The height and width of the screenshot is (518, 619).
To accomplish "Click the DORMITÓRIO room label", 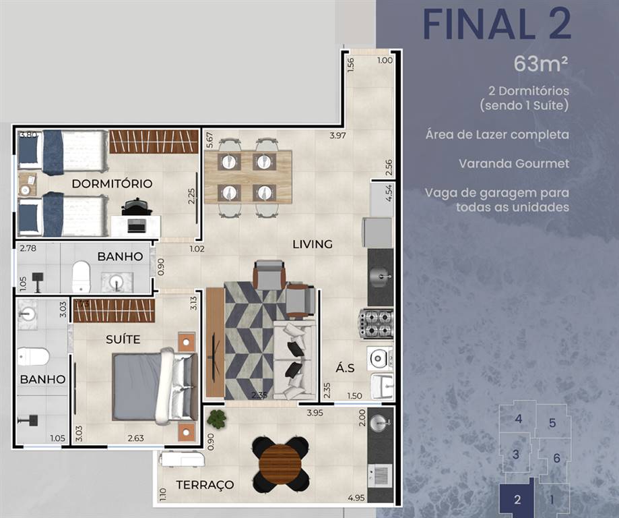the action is click(112, 183).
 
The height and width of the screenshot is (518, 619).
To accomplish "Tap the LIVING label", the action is click(313, 244).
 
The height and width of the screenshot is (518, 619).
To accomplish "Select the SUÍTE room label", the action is click(123, 339).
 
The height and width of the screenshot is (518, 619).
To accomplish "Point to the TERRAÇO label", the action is click(205, 485).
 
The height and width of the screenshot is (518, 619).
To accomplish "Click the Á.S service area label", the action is click(345, 368).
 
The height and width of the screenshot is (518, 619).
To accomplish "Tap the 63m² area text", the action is click(541, 63).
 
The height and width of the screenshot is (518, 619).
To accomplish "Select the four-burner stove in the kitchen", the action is click(375, 324).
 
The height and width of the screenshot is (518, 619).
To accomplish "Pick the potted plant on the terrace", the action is click(216, 418).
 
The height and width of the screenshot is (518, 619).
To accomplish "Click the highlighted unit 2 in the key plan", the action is click(517, 498).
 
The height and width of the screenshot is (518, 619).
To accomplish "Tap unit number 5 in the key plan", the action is click(552, 423).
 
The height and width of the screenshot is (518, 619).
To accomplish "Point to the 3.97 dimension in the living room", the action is click(337, 136).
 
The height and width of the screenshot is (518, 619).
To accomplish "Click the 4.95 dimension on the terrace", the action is click(356, 498).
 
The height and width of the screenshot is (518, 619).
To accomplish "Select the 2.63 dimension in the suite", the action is click(136, 438).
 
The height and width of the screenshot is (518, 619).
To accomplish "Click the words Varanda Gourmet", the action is click(514, 164).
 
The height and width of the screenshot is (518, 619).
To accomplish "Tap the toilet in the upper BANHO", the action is click(82, 276).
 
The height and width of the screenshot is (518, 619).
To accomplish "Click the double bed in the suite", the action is click(155, 386).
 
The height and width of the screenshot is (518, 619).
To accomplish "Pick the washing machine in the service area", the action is click(380, 358).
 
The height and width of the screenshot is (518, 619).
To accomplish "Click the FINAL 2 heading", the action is click(497, 24).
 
